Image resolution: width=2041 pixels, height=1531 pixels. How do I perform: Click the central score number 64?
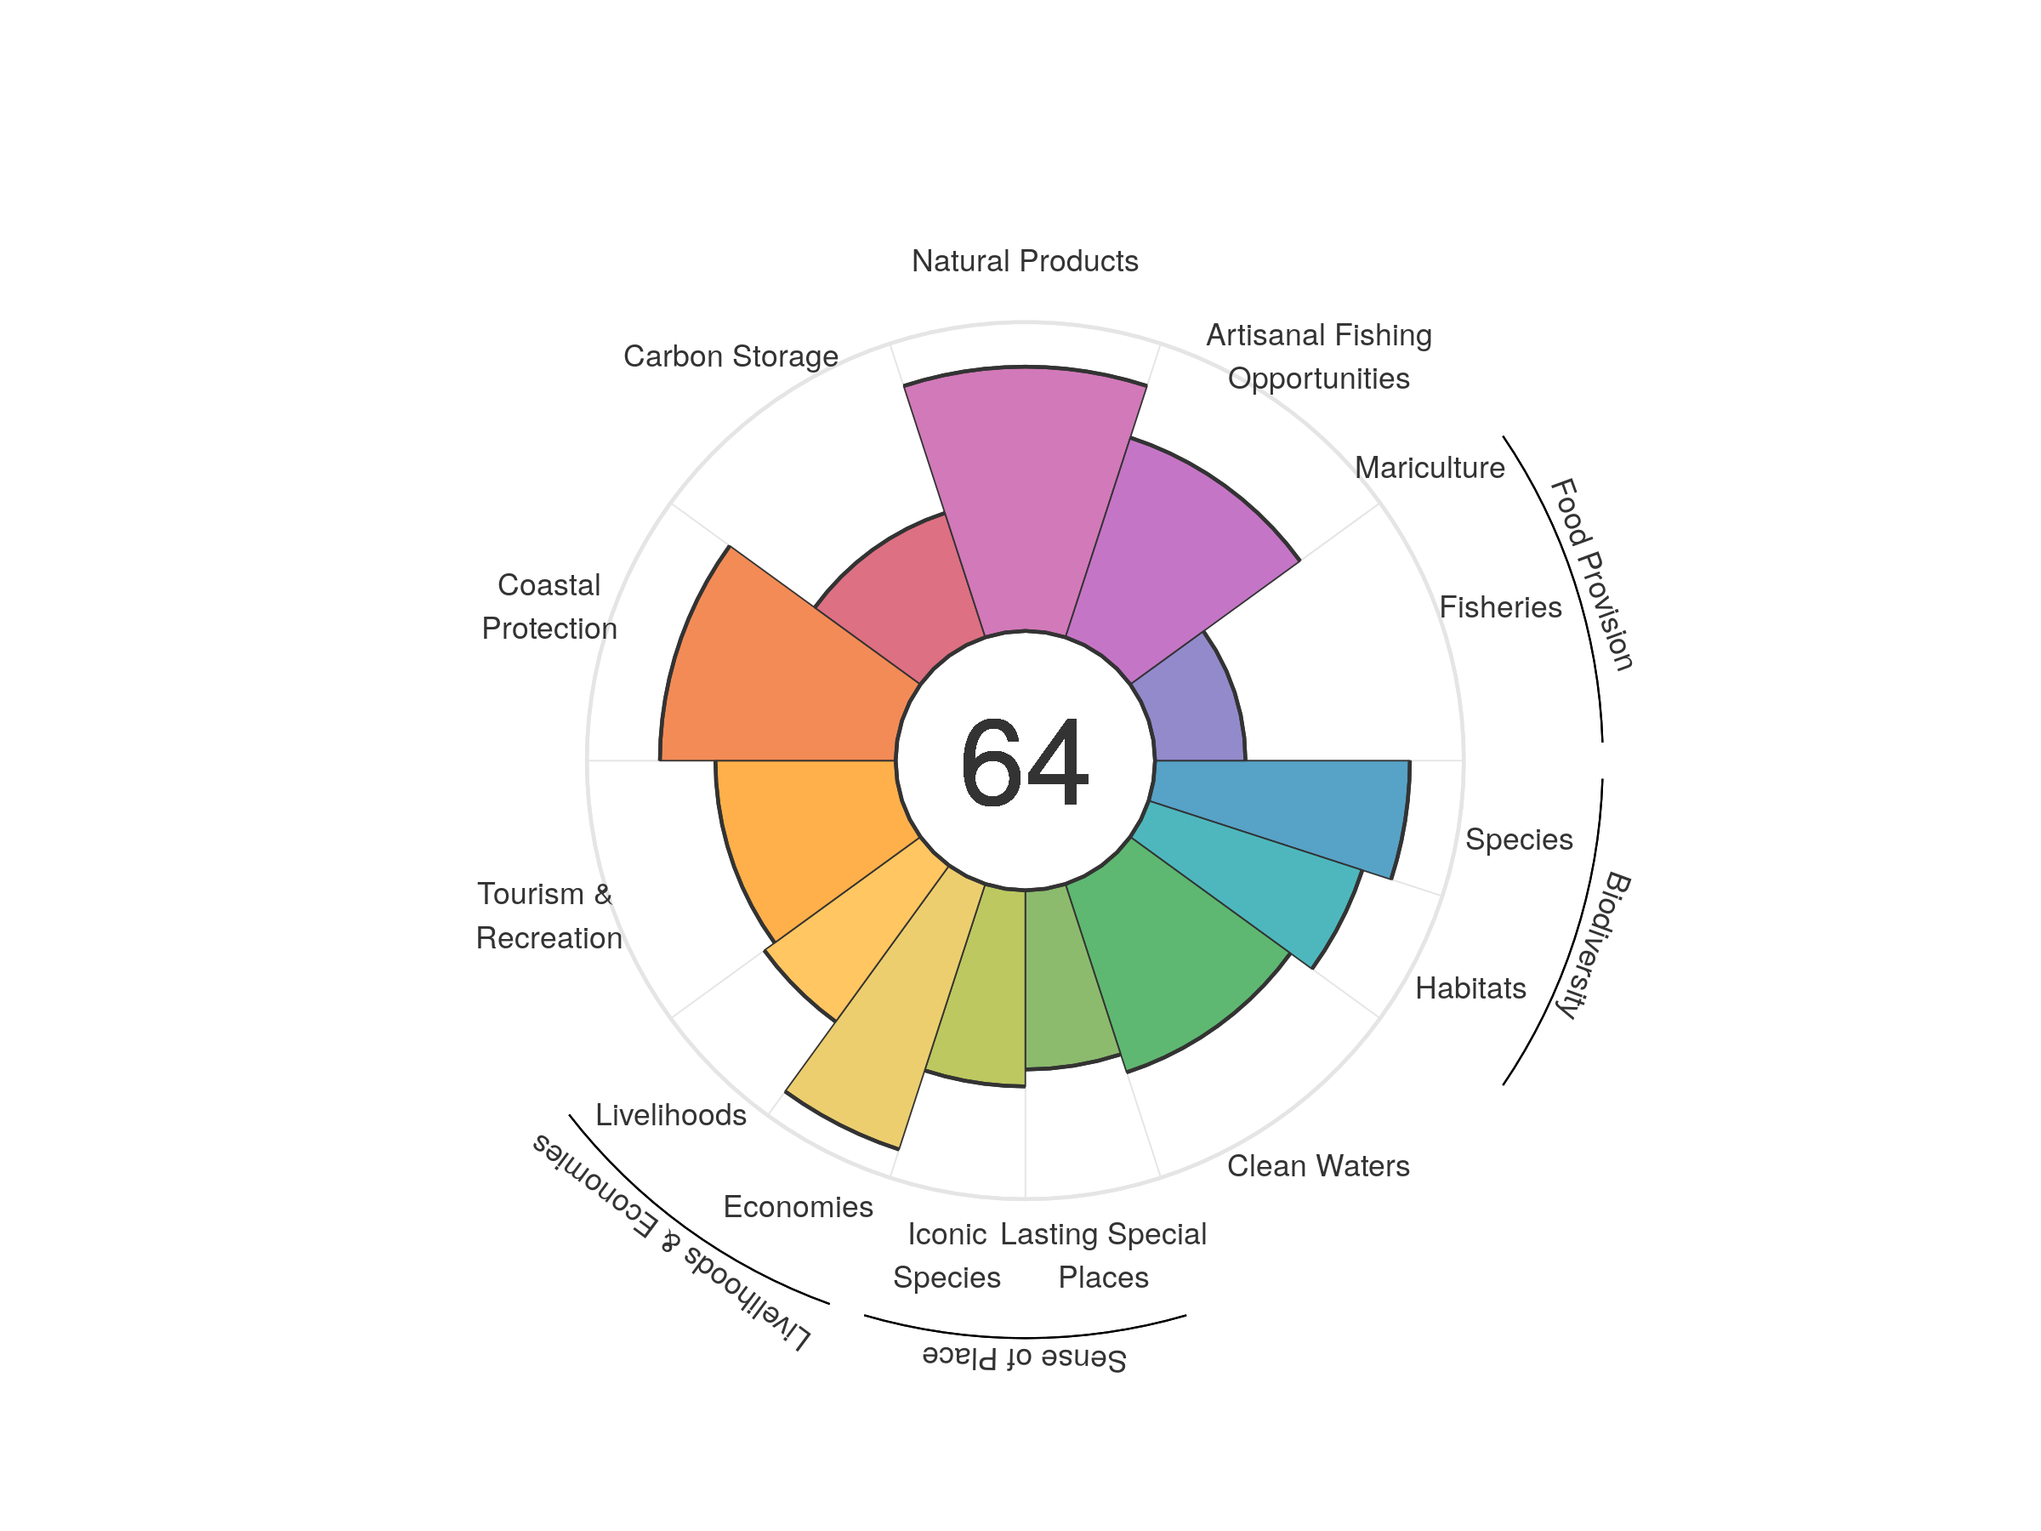click(1024, 762)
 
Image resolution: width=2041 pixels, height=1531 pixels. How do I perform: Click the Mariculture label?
click(1430, 468)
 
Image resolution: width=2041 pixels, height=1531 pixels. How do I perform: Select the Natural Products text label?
click(1024, 261)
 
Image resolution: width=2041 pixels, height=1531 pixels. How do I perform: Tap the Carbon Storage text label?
click(731, 356)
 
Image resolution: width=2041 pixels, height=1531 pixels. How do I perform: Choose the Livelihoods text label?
click(671, 1115)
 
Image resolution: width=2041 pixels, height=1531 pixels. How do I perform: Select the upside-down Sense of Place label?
click(1024, 1357)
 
